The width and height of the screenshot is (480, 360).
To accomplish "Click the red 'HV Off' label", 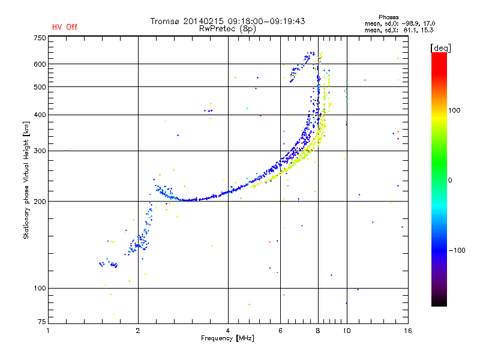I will [64, 27].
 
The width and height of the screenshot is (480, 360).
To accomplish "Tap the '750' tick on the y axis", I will [40, 38].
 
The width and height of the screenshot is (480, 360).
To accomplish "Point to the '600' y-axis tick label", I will [40, 64].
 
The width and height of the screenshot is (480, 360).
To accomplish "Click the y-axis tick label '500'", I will [40, 86].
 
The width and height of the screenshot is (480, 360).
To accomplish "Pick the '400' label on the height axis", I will [40, 115].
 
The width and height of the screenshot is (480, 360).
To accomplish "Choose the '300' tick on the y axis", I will [40, 151].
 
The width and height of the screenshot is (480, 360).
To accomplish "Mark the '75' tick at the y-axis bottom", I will [41, 322].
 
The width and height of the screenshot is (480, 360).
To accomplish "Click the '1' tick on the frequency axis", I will [49, 330].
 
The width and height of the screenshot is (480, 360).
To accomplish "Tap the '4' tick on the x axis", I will [228, 330].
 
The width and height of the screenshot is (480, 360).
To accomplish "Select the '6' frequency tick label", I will [280, 330].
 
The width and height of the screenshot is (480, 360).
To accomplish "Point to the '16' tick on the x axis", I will [407, 330].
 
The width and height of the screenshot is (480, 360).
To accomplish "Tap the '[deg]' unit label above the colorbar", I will [440, 47].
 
